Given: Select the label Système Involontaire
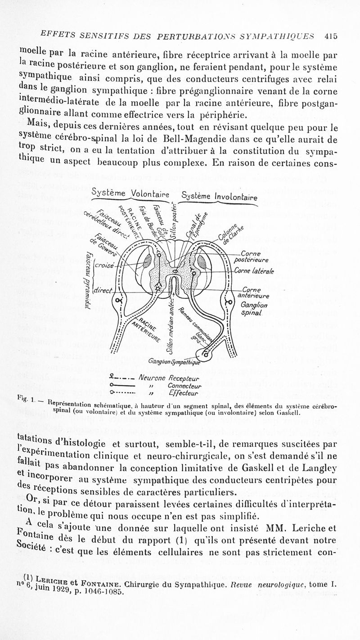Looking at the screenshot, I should [x=219, y=196].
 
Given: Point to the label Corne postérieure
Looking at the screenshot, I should [x=256, y=257].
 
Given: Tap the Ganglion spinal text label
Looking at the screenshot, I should [x=255, y=309].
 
